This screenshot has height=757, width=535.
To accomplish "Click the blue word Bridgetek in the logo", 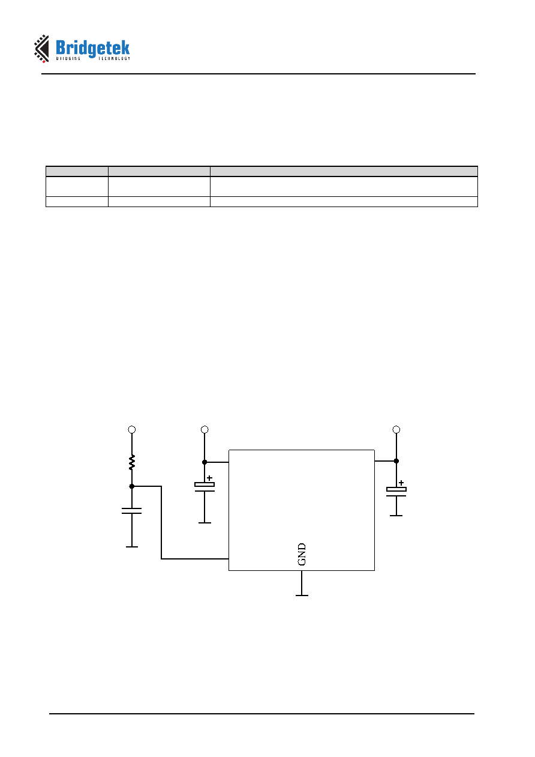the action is tap(92, 49).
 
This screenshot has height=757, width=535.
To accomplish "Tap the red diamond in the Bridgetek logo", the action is tap(44, 61).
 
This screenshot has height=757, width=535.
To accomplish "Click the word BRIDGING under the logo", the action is tap(68, 58).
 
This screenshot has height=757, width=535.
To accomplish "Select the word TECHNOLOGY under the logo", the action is tap(114, 58).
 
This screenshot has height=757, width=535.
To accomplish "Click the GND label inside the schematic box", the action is tap(302, 554).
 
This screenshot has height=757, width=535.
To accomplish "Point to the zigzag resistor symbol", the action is tap(132, 462).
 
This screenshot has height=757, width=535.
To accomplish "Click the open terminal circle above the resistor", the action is tap(132, 430).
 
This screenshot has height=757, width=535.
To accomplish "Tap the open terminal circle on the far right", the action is tap(396, 430).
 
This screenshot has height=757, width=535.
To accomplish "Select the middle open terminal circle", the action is tap(205, 430).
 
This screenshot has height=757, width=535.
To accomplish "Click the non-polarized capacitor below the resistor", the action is tap(131, 511).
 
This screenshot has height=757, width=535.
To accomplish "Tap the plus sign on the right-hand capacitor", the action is tap(401, 483).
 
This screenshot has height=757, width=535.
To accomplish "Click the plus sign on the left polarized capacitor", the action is tap(209, 478).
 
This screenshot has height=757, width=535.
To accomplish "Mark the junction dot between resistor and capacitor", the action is tap(132, 486).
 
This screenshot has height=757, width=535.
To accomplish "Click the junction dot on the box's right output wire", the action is tap(396, 461).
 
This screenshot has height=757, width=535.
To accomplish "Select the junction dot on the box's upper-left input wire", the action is tap(205, 462).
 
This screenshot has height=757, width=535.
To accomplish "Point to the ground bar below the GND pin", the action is tap(302, 596).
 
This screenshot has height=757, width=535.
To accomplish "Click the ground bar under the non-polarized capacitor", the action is tap(132, 547).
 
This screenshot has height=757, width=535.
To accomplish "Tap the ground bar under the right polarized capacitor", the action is tap(396, 516).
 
